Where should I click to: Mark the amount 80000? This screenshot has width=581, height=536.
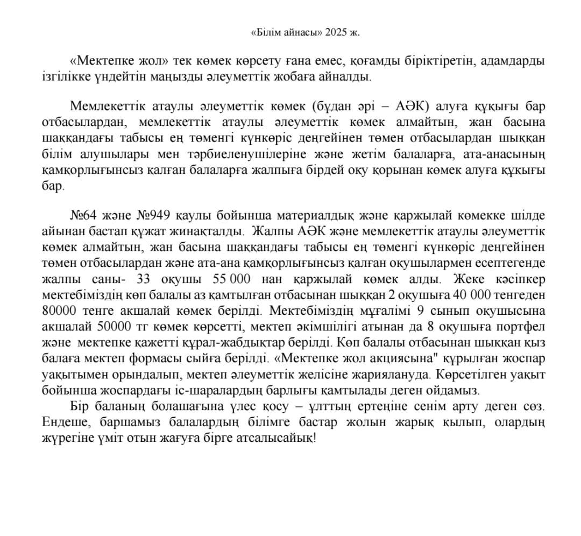pyautogui.click(x=59, y=311)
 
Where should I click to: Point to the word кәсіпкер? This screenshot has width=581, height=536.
pyautogui.click(x=518, y=279)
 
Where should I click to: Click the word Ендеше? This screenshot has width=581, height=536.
pyautogui.click(x=61, y=422)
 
